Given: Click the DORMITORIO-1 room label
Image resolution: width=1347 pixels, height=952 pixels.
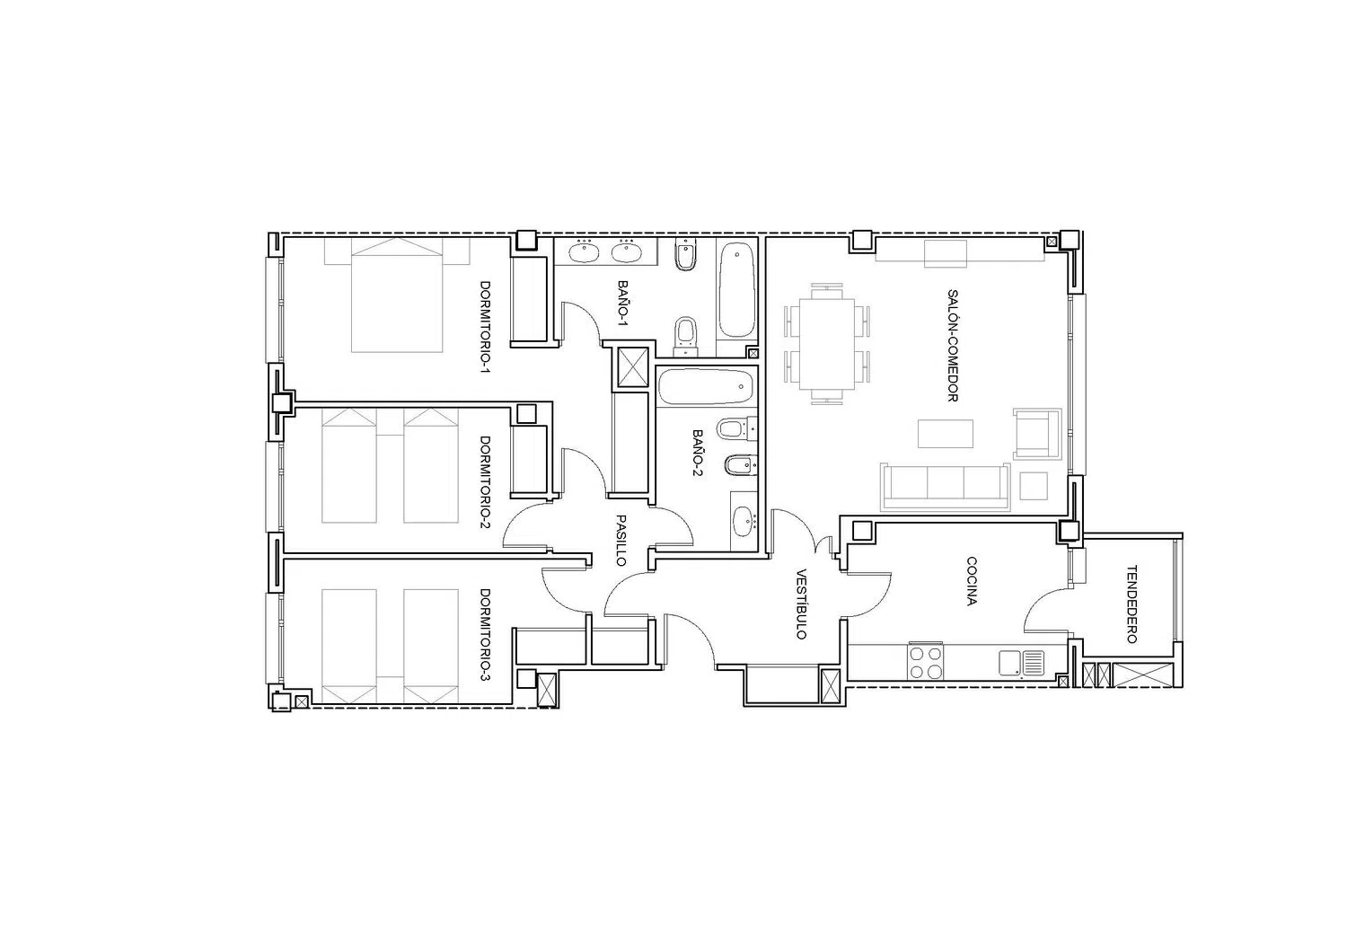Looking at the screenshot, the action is [485, 327].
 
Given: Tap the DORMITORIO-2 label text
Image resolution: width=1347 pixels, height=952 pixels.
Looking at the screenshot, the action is [485, 482].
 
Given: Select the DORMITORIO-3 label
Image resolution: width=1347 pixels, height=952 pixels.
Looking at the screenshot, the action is [485, 635].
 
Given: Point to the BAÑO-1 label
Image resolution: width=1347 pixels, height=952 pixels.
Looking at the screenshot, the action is [623, 303].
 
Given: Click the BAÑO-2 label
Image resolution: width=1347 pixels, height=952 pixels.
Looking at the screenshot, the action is [698, 453].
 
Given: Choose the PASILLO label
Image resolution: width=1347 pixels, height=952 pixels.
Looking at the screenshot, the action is [621, 540].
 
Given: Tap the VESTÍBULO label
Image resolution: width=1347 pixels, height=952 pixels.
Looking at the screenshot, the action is [801, 604].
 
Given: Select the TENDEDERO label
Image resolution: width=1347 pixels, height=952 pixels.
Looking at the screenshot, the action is [1131, 604].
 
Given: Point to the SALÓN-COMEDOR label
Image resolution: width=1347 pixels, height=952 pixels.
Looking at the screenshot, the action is [953, 345].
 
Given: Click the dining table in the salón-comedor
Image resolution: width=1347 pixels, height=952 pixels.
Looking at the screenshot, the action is [827, 344].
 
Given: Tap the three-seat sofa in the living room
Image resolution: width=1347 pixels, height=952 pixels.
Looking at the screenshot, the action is [946, 487].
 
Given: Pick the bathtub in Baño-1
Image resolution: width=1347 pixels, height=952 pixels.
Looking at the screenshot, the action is [736, 290].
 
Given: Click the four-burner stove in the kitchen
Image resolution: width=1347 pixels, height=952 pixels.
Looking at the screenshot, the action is [926, 662].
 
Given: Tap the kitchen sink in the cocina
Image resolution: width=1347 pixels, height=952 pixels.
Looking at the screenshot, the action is [1022, 663].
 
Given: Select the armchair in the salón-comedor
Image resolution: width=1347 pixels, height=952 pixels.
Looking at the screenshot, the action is [1036, 434].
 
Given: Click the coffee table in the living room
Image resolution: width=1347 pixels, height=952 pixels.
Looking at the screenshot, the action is [946, 434].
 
